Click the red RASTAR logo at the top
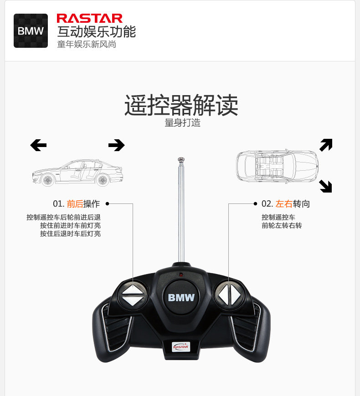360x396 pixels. [89, 18]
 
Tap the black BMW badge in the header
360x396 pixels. [31, 31]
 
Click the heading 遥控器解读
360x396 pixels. [181, 105]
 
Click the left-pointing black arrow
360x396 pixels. [38, 145]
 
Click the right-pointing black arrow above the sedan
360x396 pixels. [116, 145]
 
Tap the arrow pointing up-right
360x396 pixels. [326, 145]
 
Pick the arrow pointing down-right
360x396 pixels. [325, 186]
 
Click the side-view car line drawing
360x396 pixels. [77, 173]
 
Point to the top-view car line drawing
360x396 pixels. [277, 166]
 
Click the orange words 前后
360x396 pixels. [75, 204]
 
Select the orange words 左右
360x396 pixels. [283, 204]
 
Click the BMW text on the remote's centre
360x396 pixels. [181, 298]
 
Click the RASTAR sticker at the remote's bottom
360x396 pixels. [181, 347]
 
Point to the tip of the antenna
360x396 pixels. [181, 160]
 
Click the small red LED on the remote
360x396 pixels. [181, 274]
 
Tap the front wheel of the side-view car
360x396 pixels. [47, 180]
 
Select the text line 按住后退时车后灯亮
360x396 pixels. [70, 234]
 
